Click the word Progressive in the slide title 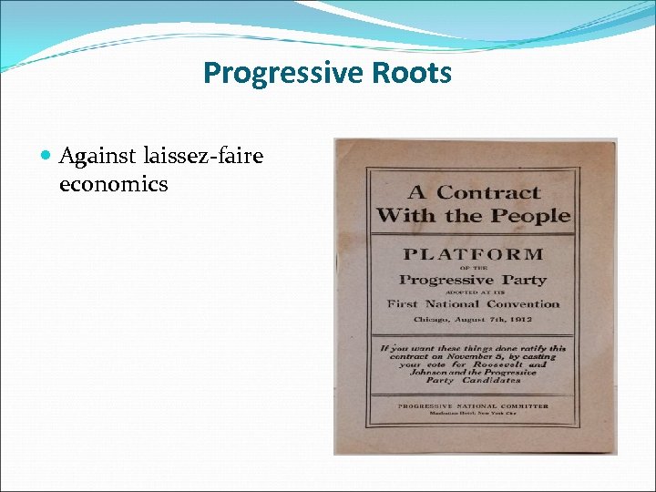point(271,72)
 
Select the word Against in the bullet point(97,157)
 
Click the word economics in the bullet point(113,184)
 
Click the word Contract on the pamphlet point(488,192)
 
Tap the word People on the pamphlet point(532,216)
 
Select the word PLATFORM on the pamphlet point(473,254)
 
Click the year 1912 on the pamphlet point(520,321)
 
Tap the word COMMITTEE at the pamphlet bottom point(523,405)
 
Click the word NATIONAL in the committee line point(470,405)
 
